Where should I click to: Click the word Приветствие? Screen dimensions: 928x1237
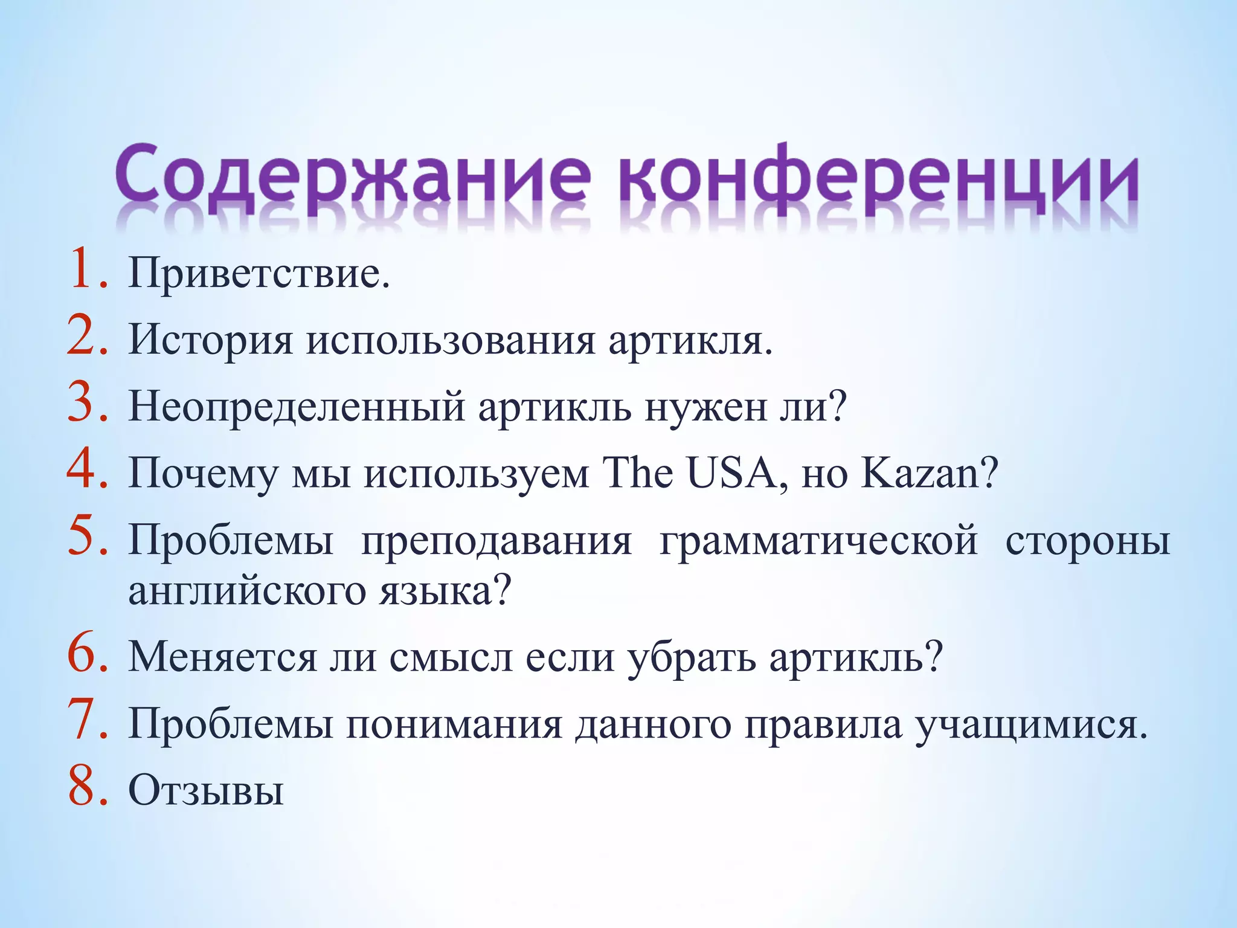[x=259, y=274]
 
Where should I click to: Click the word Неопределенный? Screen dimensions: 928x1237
[x=297, y=407]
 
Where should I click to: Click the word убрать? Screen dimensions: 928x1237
[x=691, y=657]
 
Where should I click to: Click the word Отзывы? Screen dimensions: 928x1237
[x=206, y=790]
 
